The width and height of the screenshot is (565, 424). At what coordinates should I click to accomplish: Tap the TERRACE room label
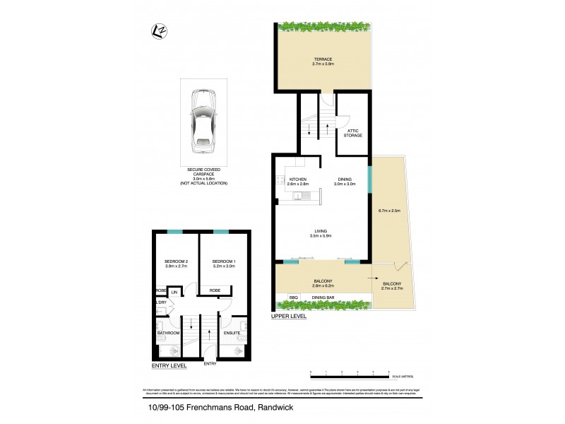click(x=324, y=59)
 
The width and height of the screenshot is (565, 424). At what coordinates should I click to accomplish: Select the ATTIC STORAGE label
click(x=353, y=132)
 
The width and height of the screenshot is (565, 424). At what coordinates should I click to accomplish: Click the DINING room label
click(x=345, y=179)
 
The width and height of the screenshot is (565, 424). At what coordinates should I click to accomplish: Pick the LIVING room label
click(x=321, y=231)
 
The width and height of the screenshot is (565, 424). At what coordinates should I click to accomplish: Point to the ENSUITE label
click(x=232, y=333)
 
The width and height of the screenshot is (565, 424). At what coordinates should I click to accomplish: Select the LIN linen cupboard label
click(x=173, y=291)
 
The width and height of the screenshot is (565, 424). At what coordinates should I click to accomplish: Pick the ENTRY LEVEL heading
click(x=169, y=366)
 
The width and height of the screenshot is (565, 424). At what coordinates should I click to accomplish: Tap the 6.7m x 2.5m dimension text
click(x=389, y=211)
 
